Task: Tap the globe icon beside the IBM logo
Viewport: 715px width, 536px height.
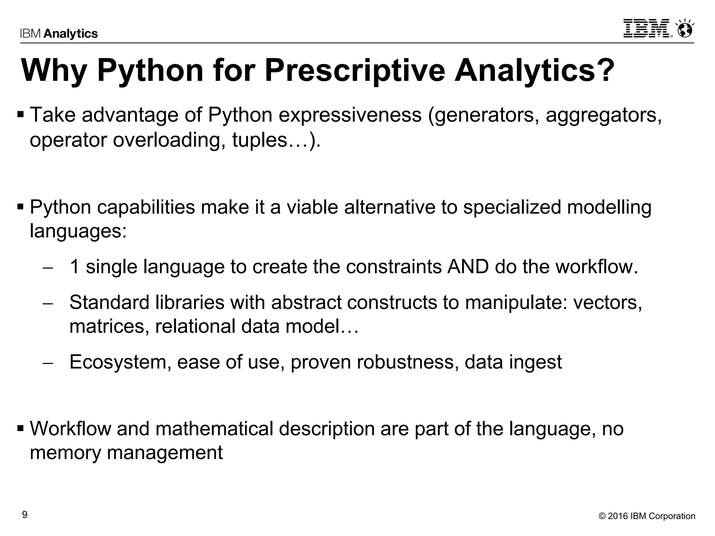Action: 685,29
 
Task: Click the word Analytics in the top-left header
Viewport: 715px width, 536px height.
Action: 71,33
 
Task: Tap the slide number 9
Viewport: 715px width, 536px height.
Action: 24,515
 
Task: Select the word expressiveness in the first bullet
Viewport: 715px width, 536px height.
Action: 350,115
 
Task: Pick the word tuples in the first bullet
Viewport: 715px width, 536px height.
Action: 259,140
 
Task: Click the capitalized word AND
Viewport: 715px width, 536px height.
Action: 467,267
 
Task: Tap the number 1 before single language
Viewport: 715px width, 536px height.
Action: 74,267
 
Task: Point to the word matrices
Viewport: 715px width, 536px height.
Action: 109,327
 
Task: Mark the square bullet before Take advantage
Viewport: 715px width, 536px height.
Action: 21,114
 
